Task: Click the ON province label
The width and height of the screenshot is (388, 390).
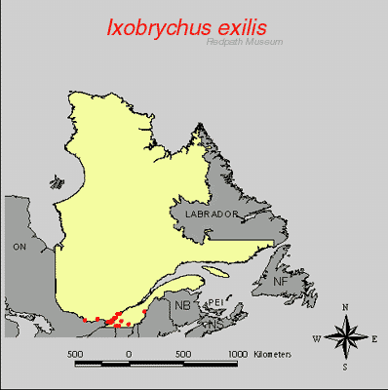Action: [x=19, y=248]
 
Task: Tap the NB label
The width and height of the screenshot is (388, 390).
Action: [x=182, y=305]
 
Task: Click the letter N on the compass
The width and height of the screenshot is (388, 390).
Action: [x=346, y=307]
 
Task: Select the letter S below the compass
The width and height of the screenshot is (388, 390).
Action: [x=345, y=368]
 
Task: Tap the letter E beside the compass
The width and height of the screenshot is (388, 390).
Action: [x=375, y=338]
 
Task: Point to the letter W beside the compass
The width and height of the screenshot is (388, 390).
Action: [x=316, y=338]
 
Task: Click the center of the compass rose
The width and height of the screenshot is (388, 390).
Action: [x=346, y=338]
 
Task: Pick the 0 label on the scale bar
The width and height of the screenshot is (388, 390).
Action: [x=129, y=353]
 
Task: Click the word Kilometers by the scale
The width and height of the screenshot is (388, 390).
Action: [x=269, y=353]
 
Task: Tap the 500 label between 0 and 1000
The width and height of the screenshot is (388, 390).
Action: [x=182, y=353]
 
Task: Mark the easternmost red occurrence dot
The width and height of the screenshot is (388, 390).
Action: [x=144, y=310]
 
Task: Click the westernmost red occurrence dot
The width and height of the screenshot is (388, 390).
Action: [x=86, y=320]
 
